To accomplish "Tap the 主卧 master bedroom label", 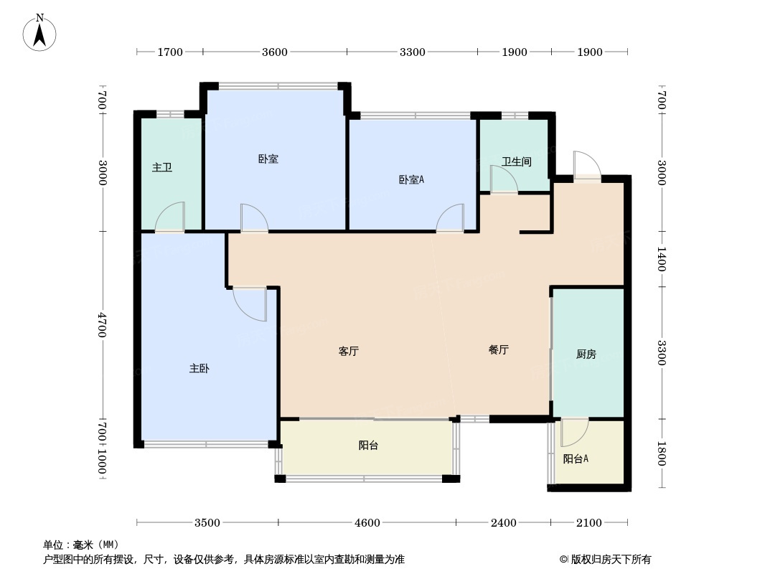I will [199, 369].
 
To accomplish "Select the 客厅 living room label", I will [348, 352].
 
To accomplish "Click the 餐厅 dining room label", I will [499, 350].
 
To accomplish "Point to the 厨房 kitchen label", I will [586, 354].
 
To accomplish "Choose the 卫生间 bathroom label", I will [516, 162].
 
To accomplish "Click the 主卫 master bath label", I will [162, 168].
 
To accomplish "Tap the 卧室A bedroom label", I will [411, 180].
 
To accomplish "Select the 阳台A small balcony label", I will [576, 459].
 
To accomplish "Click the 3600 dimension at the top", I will [275, 52].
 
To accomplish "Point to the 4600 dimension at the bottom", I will [367, 523].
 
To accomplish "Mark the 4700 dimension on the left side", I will [103, 325].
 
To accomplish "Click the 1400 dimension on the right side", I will [662, 259].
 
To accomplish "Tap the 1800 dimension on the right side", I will [662, 453].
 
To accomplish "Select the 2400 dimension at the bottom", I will [503, 523].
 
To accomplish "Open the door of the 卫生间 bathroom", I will [502, 179].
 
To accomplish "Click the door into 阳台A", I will [573, 433].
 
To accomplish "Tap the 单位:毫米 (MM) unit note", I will [80, 545].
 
